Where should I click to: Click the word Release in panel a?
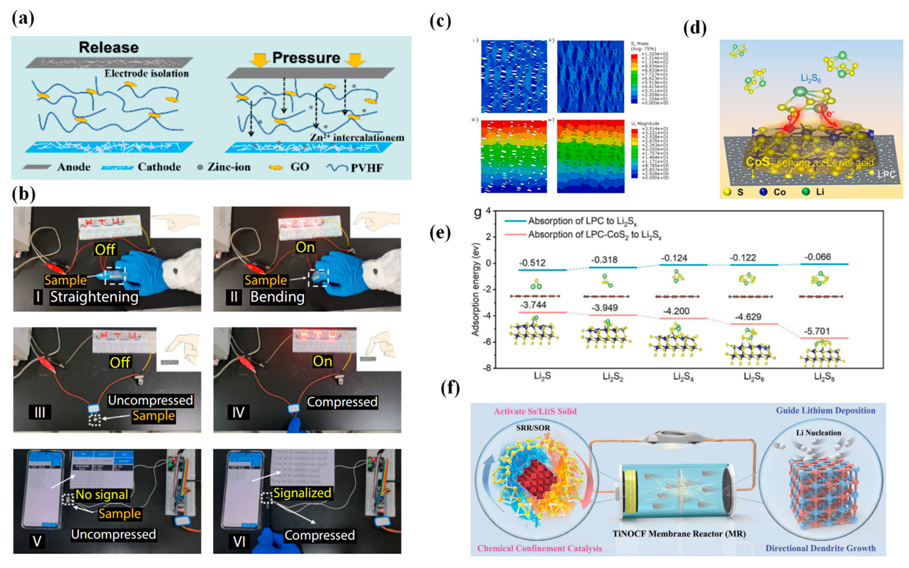coord(108,48)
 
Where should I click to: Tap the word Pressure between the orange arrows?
coord(306,58)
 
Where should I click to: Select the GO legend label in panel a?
coord(299,167)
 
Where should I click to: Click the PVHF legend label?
coord(367,168)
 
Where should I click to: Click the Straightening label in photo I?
coord(94,297)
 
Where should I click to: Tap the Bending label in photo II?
coord(277,297)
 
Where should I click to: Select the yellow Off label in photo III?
coord(120,362)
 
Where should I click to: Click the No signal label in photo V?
coord(102,494)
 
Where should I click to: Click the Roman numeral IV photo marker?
coord(238,412)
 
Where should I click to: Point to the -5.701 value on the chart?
coord(816,331)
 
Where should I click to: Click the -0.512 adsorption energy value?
coord(532,263)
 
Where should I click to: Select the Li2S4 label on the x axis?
coord(683,376)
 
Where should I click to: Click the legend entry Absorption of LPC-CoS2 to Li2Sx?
coord(595,235)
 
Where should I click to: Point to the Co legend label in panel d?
coord(779,192)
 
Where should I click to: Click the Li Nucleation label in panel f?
coord(818,433)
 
